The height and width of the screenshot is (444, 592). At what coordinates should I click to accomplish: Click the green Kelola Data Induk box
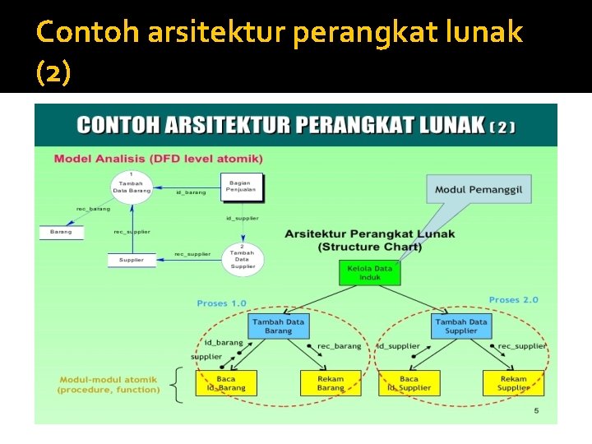pos(369,273)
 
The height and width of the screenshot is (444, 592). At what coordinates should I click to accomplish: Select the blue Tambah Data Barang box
pos(277,326)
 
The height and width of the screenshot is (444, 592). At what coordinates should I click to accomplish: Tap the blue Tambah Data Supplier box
pos(461,326)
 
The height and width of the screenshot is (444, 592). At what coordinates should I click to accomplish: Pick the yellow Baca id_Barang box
pos(226,382)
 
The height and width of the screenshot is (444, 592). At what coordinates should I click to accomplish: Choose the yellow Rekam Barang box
pos(331,382)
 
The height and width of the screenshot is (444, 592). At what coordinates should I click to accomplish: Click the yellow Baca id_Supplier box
pos(410,382)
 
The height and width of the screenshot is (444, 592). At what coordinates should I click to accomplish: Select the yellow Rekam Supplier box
pos(513,382)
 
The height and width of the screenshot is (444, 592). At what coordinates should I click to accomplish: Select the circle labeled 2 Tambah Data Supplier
pos(243,257)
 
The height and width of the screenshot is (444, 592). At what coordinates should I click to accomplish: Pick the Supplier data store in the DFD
pos(132,260)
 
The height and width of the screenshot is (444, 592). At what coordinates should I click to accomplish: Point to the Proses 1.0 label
pos(221,303)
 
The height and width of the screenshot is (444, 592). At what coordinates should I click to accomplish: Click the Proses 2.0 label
pos(513,299)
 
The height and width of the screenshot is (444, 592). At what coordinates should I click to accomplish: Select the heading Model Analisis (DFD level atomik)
pos(159,158)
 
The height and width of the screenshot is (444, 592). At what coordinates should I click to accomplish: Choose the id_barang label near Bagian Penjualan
pos(191,192)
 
